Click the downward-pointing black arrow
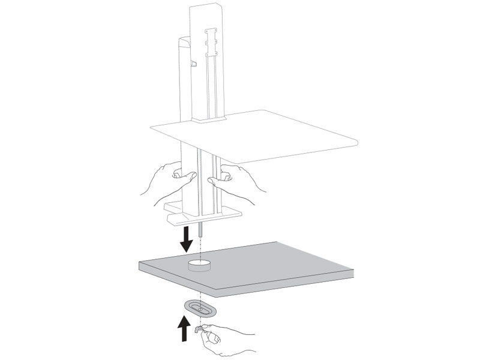tap(187, 239)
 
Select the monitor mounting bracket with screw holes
tap(211, 43)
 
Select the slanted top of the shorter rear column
tap(184, 39)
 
